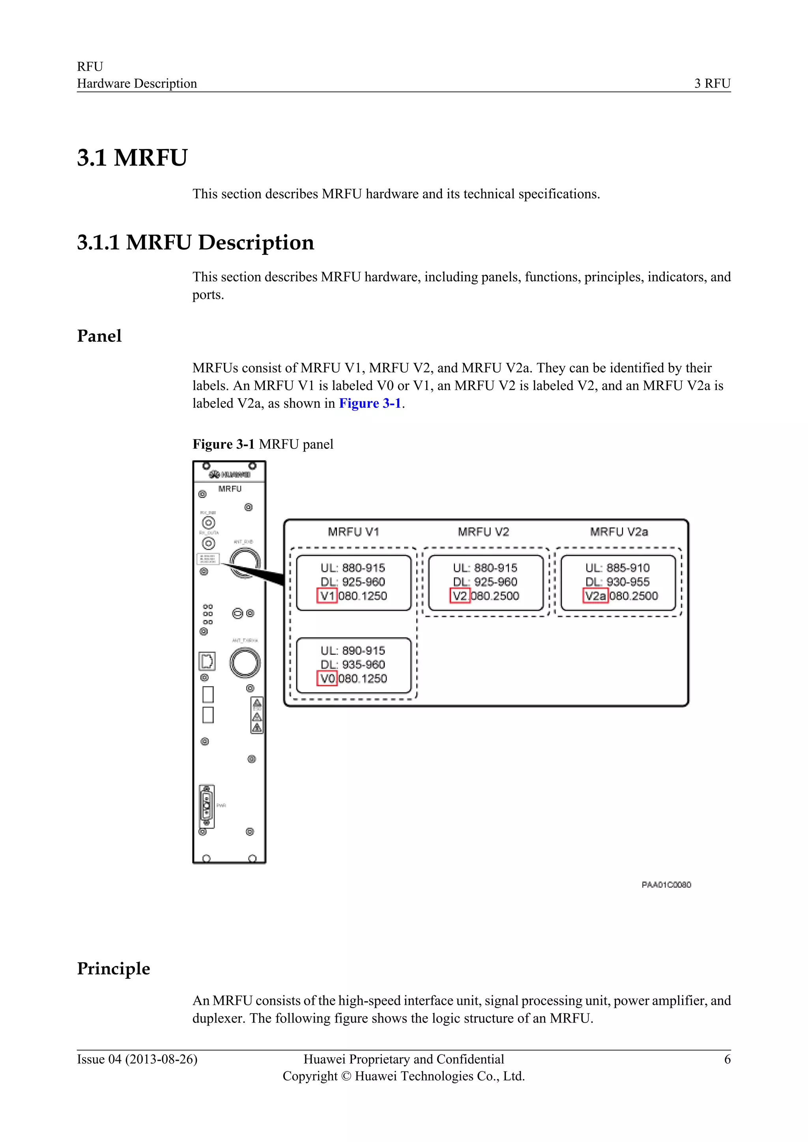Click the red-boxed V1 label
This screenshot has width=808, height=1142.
click(x=327, y=595)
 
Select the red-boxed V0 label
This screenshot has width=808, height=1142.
click(x=327, y=678)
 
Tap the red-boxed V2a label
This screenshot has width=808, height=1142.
click(x=595, y=595)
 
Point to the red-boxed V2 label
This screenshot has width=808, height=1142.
click(x=460, y=595)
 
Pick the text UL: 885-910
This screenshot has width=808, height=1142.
click(x=617, y=567)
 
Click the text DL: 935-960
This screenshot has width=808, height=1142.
click(x=353, y=664)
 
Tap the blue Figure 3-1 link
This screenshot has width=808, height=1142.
click(x=370, y=403)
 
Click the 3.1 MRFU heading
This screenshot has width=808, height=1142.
click(x=132, y=158)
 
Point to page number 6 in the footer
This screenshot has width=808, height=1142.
click(x=727, y=1060)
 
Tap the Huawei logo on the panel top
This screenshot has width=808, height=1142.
click(x=229, y=474)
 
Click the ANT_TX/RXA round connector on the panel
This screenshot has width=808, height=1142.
click(x=245, y=662)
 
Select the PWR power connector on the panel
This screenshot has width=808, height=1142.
click(x=206, y=806)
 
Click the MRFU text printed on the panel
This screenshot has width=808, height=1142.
click(x=230, y=489)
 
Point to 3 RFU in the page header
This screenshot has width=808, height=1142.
click(x=712, y=84)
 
